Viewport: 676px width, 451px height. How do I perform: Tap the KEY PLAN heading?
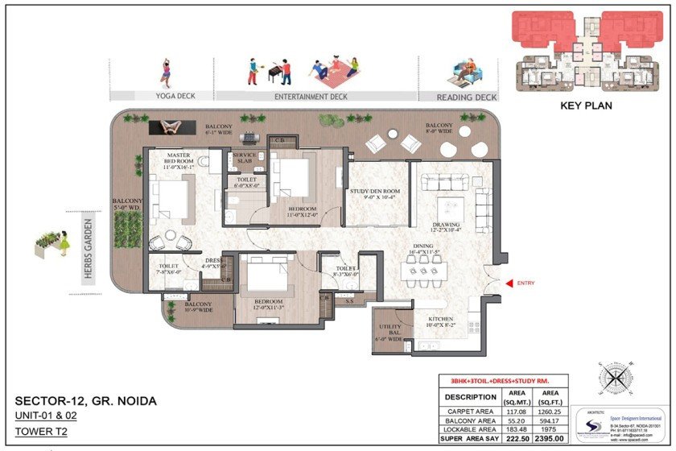[x=586, y=106]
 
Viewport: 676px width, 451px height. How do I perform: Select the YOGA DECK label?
[x=175, y=96]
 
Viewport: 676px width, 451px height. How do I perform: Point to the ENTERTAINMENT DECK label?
[x=311, y=96]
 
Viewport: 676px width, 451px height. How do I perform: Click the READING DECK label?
[x=467, y=97]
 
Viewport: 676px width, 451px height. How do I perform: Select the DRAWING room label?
[x=445, y=225]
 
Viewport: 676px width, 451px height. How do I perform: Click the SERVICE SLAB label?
[x=243, y=159]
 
